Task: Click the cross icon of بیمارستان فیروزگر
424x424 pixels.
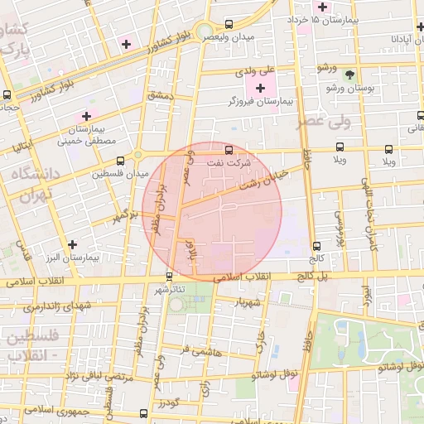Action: (x=261, y=88)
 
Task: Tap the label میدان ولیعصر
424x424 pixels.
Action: (x=230, y=38)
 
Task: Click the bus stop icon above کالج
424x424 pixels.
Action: (x=316, y=246)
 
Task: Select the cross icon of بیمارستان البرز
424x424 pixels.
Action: (x=74, y=245)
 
